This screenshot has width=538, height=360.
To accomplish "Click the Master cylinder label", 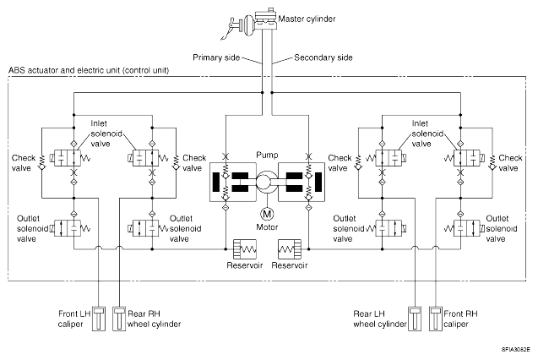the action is pyautogui.click(x=307, y=19).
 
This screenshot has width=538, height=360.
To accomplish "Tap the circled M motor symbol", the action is pyautogui.click(x=267, y=214).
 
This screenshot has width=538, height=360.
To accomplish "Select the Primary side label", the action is pyautogui.click(x=216, y=57).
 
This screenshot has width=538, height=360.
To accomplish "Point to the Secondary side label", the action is pyautogui.click(x=323, y=57).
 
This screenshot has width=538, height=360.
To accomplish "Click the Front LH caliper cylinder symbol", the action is pyautogui.click(x=99, y=319).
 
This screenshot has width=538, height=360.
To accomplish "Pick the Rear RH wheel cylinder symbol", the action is pyautogui.click(x=119, y=319).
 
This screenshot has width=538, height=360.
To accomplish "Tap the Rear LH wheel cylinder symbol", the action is pyautogui.click(x=415, y=319).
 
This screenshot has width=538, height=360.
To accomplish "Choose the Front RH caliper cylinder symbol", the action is pyautogui.click(x=436, y=319).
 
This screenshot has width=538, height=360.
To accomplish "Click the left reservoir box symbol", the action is pyautogui.click(x=245, y=249).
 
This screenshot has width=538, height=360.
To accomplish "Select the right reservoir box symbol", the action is pyautogui.click(x=290, y=249).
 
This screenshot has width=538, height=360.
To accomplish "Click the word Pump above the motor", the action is pyautogui.click(x=267, y=155).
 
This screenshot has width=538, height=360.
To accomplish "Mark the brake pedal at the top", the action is pyautogui.click(x=229, y=28).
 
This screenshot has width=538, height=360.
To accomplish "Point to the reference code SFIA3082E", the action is pyautogui.click(x=516, y=350).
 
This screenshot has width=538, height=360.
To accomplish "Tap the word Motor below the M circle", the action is pyautogui.click(x=267, y=226).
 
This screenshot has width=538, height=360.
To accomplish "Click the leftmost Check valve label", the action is pyautogui.click(x=24, y=162).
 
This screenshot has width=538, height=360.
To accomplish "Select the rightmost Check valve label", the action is pyautogui.click(x=510, y=162).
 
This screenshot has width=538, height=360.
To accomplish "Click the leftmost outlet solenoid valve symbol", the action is pyautogui.click(x=68, y=228).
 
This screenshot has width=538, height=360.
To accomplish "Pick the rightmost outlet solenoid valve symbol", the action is pyautogui.click(x=467, y=228).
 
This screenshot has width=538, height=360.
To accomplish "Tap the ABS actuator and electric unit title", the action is pyautogui.click(x=89, y=70).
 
